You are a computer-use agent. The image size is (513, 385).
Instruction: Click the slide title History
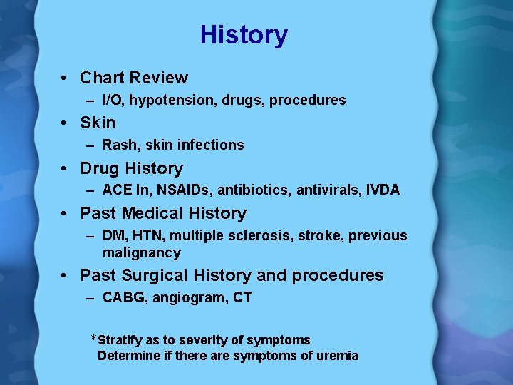pos(244,35)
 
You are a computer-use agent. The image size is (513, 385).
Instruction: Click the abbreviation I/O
pos(113,101)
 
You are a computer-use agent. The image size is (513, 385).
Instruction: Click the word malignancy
pos(142,252)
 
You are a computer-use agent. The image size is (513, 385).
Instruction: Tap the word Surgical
pos(152,275)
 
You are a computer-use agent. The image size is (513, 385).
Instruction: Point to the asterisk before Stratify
pos(93,338)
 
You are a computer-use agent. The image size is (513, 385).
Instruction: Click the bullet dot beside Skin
pos(65,123)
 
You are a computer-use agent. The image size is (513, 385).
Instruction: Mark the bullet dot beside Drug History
pos(65,168)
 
